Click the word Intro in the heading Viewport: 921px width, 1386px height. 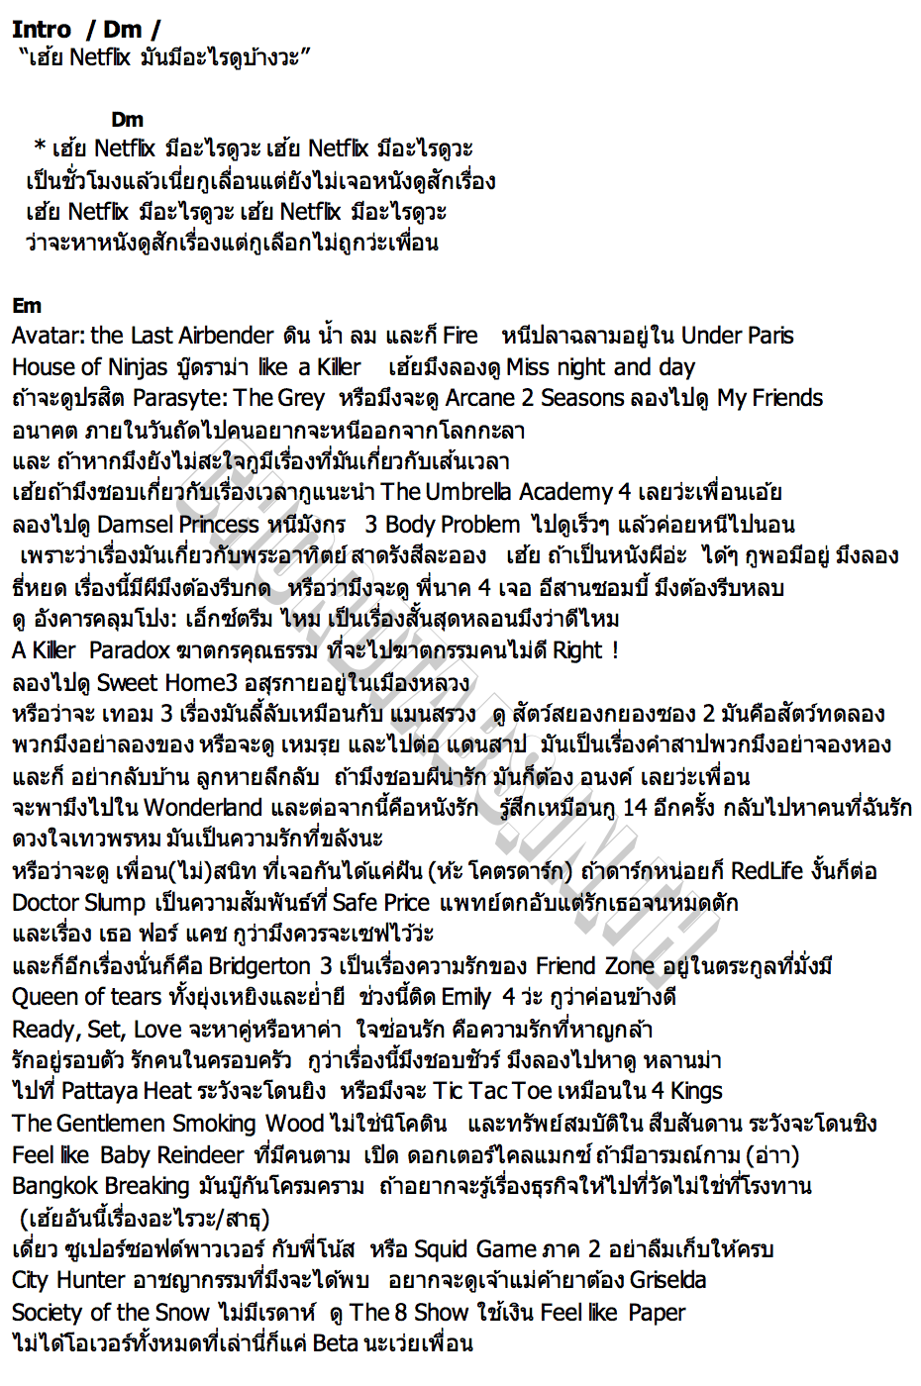coord(42,30)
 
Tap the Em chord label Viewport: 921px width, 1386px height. coord(27,305)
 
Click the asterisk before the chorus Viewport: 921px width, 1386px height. coord(40,148)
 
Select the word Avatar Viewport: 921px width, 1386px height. coord(47,336)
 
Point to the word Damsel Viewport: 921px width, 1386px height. coord(136,524)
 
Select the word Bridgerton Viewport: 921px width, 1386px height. coord(259,966)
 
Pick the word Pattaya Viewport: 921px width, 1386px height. coord(102,1091)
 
